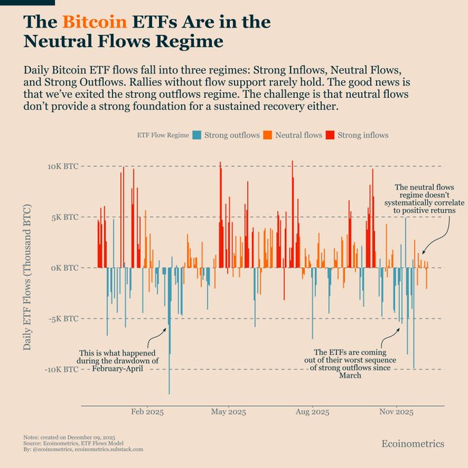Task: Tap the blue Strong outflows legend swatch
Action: (x=198, y=135)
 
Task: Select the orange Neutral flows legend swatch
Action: (x=268, y=135)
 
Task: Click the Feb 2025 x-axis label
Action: (x=146, y=412)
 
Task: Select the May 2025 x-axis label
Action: (x=228, y=412)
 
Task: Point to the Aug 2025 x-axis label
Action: (x=311, y=412)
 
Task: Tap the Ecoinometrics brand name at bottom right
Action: (x=413, y=444)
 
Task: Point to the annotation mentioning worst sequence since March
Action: (x=350, y=364)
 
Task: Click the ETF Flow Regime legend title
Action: (x=160, y=135)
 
